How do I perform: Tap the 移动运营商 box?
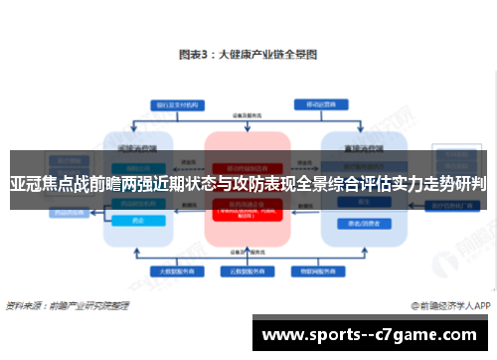pyautogui.click(x=321, y=102)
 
